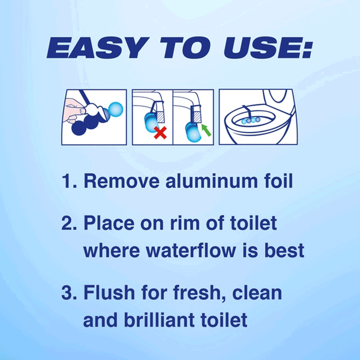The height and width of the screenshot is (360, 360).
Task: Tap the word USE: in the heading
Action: click(x=268, y=47)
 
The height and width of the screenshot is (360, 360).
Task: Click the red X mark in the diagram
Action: click(x=160, y=133)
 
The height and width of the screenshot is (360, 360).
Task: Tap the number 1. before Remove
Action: click(x=70, y=181)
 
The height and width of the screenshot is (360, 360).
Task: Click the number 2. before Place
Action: click(x=69, y=223)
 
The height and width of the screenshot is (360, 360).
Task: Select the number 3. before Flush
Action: click(x=69, y=292)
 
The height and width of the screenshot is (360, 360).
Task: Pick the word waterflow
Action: click(x=191, y=250)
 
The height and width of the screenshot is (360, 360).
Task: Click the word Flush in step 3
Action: click(x=109, y=292)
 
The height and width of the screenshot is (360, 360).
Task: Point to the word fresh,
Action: click(x=200, y=293)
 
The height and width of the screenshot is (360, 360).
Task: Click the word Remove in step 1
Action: click(x=121, y=181)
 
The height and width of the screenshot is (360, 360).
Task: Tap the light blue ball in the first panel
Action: click(x=115, y=110)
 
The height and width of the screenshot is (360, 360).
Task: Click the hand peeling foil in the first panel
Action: click(x=73, y=110)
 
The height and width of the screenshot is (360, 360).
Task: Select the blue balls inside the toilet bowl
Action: click(x=251, y=121)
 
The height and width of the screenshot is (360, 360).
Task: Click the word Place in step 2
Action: click(x=109, y=223)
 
